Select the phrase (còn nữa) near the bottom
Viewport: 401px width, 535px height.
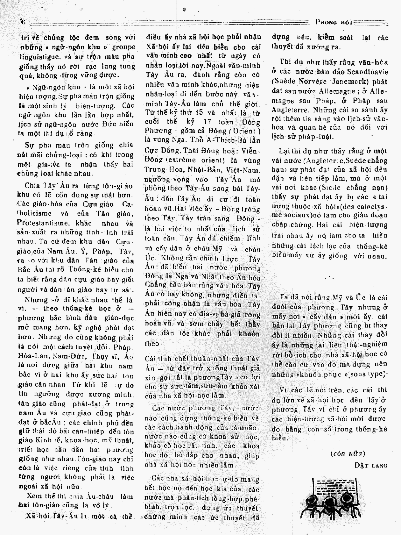pyautogui.click(x=347, y=453)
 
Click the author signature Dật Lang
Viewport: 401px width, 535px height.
pyautogui.click(x=371, y=465)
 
